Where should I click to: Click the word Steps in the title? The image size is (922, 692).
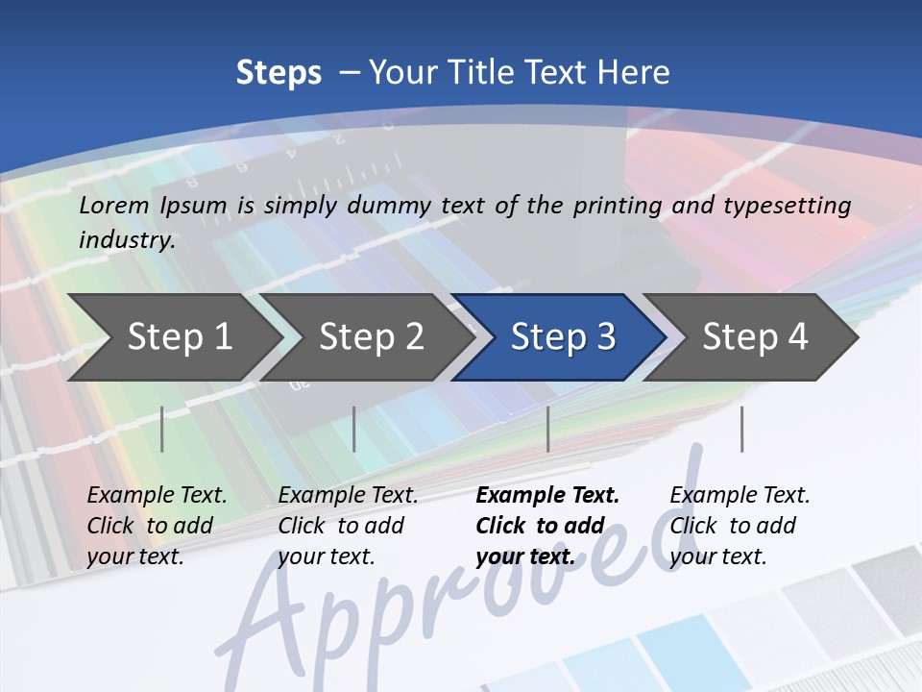pos(279,73)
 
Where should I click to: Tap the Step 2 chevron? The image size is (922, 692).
pos(371,336)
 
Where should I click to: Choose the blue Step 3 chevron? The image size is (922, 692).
pos(563,336)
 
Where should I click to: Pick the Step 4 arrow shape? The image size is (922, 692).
pos(755,336)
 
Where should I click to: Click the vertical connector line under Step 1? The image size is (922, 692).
pos(162,429)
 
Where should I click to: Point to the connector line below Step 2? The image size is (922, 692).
pos(354,429)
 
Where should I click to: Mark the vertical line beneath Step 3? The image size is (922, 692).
pos(547,429)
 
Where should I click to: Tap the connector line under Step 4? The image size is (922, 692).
pos(741,429)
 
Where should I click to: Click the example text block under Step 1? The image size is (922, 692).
pos(157,526)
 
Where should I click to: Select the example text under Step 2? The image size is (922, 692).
pos(348,526)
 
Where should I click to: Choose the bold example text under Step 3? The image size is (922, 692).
pos(547,526)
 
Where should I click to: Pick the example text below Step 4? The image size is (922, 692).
pos(740,526)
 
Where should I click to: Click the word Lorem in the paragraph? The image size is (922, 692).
pos(114,205)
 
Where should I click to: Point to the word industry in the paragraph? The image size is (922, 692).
pos(127,239)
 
